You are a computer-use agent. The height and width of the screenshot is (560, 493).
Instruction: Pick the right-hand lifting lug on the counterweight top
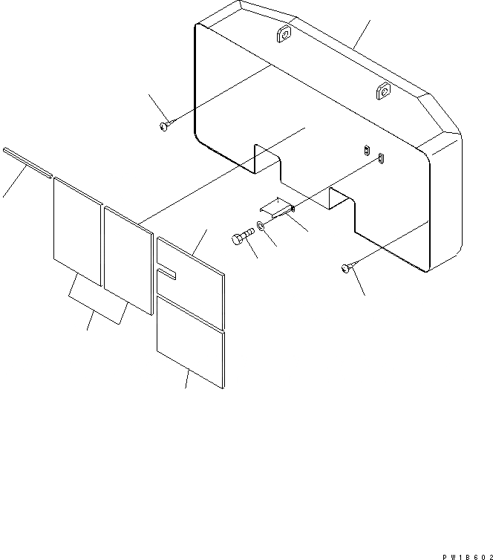[x=383, y=91]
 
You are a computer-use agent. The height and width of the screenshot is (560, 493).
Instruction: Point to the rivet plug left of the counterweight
[x=164, y=127]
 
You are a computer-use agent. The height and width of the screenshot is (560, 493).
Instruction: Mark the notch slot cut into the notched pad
[x=166, y=275]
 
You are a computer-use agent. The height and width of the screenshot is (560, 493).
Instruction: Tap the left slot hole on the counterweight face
[x=367, y=149]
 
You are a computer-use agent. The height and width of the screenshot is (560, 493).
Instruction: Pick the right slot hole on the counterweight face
[x=381, y=157]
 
